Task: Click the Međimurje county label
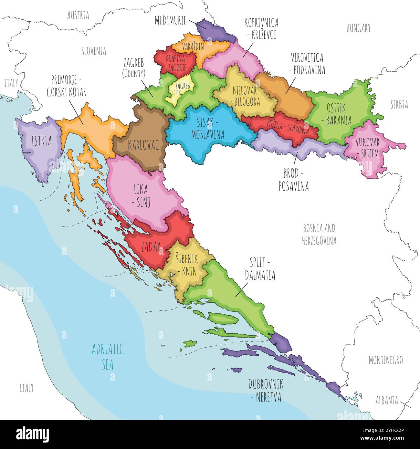click(171, 21)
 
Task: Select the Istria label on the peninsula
click(41, 141)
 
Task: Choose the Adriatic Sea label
click(108, 357)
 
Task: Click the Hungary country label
click(358, 28)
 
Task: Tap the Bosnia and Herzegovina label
click(319, 235)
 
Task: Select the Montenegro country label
click(385, 360)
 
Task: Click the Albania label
click(386, 401)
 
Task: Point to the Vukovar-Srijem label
click(368, 148)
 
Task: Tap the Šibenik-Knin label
click(186, 265)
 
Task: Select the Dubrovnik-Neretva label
click(266, 391)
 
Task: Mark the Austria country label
click(78, 16)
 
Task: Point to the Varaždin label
click(193, 47)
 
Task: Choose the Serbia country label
click(399, 105)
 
